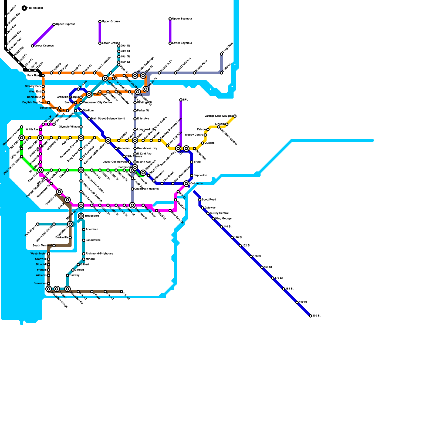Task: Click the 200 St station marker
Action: point(310,316)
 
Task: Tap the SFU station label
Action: point(185,100)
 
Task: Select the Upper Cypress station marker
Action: point(54,24)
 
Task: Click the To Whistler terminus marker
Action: point(24,8)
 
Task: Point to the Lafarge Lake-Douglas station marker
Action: point(235,116)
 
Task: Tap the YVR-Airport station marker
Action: point(38,224)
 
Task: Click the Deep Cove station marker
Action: point(221,54)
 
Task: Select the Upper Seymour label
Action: point(182,19)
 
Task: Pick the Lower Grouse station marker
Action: point(100,43)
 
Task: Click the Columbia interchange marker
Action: point(186,184)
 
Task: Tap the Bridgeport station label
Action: point(92,216)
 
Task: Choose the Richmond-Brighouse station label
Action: point(99,254)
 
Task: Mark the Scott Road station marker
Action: point(200,200)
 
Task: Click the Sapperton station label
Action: point(200,175)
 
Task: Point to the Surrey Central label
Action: point(219,213)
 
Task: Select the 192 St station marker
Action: point(297,302)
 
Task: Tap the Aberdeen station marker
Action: point(84,230)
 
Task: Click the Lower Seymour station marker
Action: point(170,43)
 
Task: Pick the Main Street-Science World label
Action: point(108,119)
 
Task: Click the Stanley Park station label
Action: point(33,86)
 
